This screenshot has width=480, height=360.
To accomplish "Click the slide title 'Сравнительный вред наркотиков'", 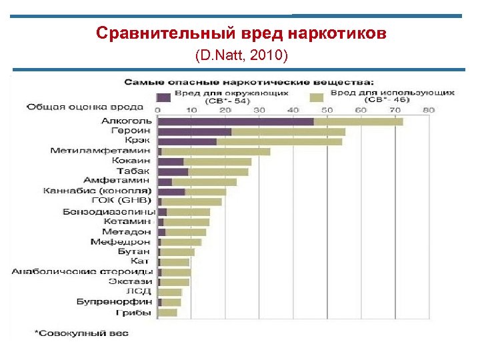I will click(241, 33).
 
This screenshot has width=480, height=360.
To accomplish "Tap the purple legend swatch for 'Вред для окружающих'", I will click(163, 97).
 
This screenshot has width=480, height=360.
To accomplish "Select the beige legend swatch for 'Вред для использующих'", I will click(317, 97).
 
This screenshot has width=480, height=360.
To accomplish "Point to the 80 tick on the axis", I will click(428, 110).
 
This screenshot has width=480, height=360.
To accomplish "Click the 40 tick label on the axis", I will click(293, 110).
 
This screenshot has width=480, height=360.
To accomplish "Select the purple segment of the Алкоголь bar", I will click(235, 121).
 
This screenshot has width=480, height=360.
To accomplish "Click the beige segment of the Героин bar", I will click(288, 131).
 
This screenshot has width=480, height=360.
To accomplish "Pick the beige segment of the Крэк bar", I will click(279, 141).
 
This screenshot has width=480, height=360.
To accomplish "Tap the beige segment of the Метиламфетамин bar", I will click(215, 151).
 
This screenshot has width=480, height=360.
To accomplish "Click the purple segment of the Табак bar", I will click(173, 171).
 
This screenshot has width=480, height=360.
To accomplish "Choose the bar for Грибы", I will click(167, 312).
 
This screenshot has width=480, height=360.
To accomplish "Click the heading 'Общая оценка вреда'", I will click(85, 107).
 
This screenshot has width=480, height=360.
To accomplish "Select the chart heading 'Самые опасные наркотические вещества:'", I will click(251, 83).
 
